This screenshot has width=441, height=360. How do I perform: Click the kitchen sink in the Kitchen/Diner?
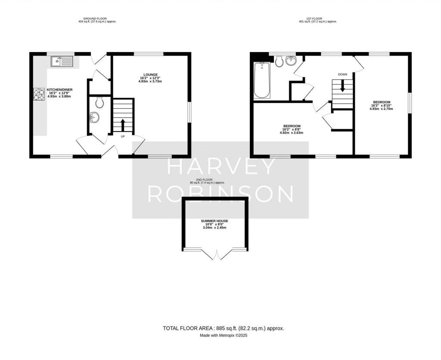62,62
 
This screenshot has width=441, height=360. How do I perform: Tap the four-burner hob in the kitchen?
39,94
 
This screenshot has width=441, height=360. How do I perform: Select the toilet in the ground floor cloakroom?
99,103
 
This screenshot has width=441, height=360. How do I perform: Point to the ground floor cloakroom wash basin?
94,117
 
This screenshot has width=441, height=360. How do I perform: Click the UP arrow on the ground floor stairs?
123,125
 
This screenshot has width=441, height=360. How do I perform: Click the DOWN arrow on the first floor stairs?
343,86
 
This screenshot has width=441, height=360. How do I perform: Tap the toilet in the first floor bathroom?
280,62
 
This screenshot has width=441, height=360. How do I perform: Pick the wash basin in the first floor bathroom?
292,60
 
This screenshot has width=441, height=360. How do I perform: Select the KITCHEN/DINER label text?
59,90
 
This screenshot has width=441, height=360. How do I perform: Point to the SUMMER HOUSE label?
214,221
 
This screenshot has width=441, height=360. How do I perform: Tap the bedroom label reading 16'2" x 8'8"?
292,126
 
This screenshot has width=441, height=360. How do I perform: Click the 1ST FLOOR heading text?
318,19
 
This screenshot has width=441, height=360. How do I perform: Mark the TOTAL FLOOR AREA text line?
223,328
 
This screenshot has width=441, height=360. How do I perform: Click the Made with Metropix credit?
223,335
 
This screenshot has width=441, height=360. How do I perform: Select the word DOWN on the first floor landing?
342,75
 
